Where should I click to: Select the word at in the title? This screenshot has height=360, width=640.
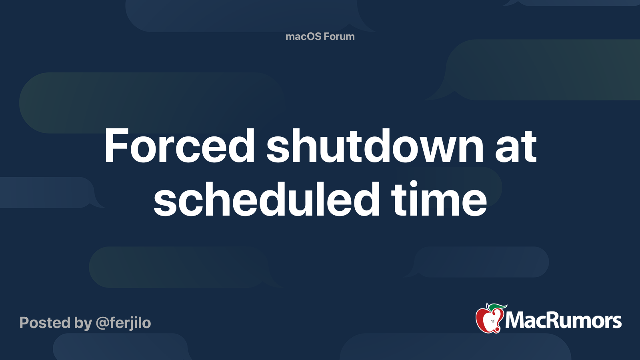click(x=516, y=147)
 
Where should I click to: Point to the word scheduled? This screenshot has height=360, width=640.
click(x=266, y=199)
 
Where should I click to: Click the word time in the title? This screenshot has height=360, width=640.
click(x=439, y=199)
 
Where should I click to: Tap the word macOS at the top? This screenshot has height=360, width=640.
click(x=303, y=36)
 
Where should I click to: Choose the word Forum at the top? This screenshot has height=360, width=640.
click(x=339, y=36)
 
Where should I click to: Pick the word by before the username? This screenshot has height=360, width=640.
click(x=83, y=323)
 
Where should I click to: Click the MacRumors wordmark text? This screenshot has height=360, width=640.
click(x=563, y=320)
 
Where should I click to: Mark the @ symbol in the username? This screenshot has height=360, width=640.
click(x=102, y=323)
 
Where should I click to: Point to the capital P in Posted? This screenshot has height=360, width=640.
click(x=25, y=322)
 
